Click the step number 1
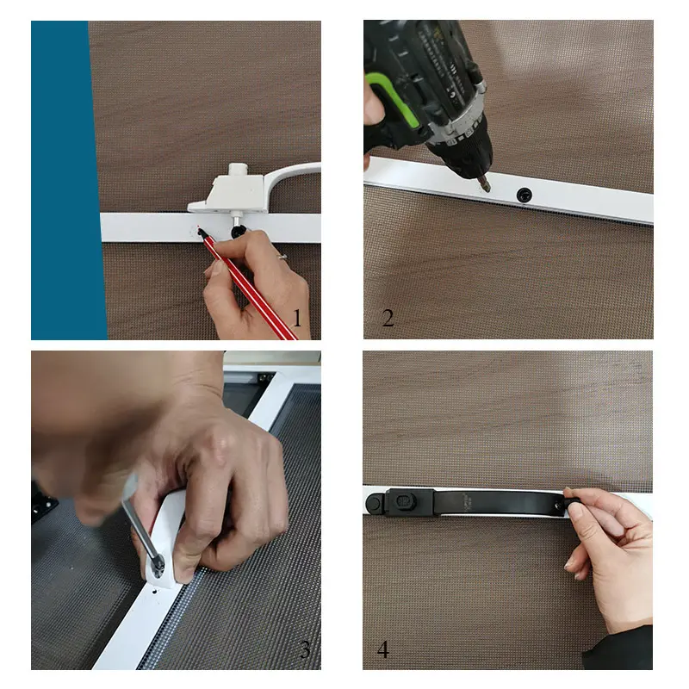click(297, 318)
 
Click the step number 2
click(388, 318)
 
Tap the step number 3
click(305, 649)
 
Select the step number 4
click(382, 649)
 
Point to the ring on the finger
click(282, 256)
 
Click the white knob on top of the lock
click(238, 170)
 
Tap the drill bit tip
click(487, 189)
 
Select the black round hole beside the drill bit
click(524, 195)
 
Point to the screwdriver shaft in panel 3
click(140, 527)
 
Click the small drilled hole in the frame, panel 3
click(155, 592)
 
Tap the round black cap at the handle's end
click(375, 502)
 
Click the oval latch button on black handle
click(404, 501)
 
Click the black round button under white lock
click(239, 230)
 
